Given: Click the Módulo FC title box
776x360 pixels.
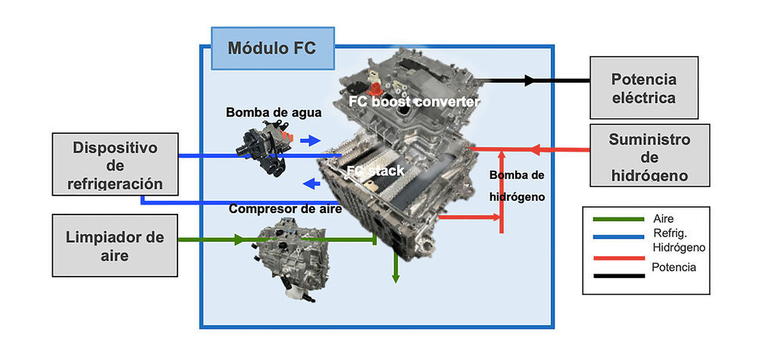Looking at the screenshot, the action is tap(273, 49).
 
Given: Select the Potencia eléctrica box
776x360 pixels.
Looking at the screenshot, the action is tap(644, 88).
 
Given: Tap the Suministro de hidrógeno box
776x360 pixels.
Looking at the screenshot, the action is tap(649, 155).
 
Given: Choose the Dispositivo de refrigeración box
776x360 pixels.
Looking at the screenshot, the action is tap(115, 164).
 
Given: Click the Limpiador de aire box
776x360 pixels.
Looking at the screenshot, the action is tap(115, 245).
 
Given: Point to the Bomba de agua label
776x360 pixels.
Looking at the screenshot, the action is tap(274, 112).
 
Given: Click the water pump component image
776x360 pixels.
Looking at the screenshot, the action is tap(266, 146).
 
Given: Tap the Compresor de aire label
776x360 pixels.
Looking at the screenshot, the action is tap(285, 209).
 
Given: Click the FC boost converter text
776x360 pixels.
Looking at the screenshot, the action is tap(415, 102).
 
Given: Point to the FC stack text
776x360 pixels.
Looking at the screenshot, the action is tap(376, 171).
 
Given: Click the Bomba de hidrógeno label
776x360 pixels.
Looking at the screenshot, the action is tap(517, 186).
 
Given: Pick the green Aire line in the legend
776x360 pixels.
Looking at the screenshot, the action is tap(618, 219).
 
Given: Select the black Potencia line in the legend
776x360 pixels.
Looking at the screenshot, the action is tap(618, 276).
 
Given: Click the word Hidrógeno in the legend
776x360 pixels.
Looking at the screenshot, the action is tap(679, 247).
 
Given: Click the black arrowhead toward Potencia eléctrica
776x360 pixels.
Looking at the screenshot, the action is tap(530, 80).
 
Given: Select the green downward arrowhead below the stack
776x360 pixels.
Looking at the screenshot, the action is tap(396, 277).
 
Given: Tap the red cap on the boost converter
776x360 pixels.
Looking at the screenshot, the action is tap(376, 89).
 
